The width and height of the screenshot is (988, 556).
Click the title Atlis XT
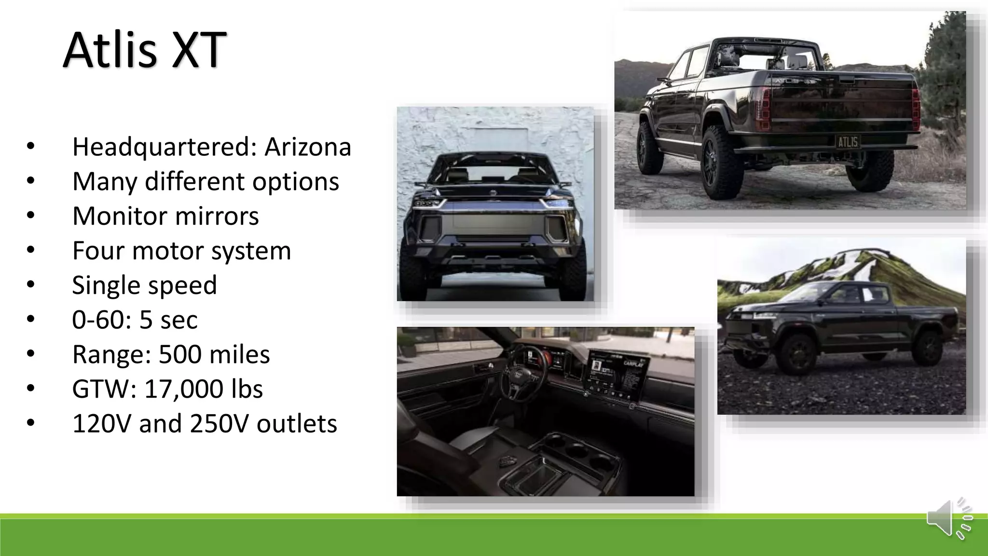point(145,50)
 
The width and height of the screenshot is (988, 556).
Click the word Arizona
point(308,147)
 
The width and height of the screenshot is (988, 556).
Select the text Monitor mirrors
point(165,216)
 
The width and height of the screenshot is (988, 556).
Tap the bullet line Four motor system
point(181,250)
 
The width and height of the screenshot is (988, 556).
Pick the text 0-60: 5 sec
point(135,320)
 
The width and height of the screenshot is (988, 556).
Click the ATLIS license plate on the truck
point(848,142)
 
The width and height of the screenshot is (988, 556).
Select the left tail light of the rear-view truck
point(762,110)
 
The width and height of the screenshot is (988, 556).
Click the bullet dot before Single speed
point(31,285)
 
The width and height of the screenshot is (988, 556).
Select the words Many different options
point(206,181)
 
